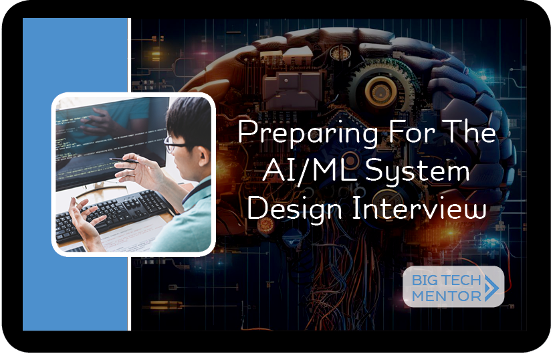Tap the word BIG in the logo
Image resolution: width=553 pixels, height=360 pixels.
pyautogui.click(x=423, y=280)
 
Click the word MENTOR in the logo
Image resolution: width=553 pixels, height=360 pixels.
pyautogui.click(x=447, y=296)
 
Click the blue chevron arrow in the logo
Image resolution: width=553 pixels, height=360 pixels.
pyautogui.click(x=492, y=288)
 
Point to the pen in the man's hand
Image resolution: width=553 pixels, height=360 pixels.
pyautogui.click(x=124, y=161)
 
